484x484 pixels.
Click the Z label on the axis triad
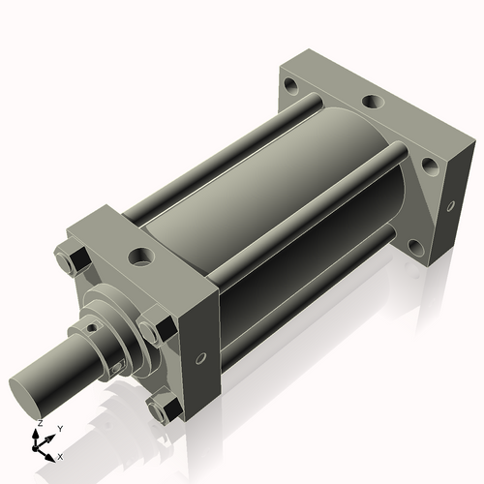pyautogui.click(x=38, y=424)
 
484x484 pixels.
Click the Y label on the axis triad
pyautogui.click(x=60, y=427)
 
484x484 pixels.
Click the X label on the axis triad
pyautogui.click(x=60, y=455)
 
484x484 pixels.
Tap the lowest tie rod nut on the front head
pyautogui.click(x=159, y=408)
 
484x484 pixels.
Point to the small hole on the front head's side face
pyautogui.click(x=200, y=358)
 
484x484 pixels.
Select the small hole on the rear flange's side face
pyautogui.click(x=449, y=204)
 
